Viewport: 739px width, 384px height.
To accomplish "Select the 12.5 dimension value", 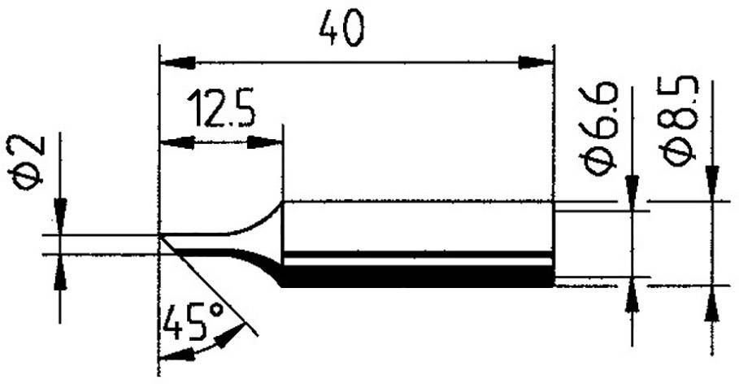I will coord(220,110).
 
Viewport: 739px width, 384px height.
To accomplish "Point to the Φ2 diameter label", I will coord(28,164).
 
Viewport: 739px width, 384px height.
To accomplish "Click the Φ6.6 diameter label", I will coord(599,128).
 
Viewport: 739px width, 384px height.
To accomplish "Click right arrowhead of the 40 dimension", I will coord(537,62).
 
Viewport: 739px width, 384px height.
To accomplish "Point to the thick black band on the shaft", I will coord(419,276).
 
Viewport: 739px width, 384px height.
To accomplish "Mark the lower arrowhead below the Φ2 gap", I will coord(59,277).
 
